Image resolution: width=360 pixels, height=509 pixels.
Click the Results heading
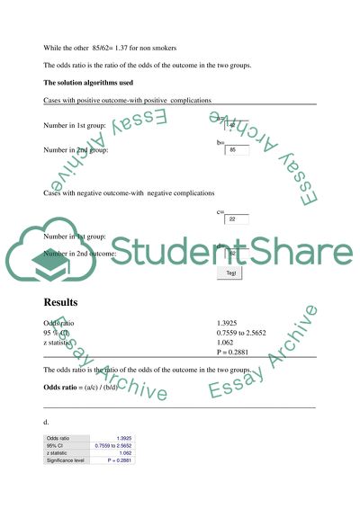tap(63, 300)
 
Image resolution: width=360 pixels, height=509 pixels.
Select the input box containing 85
tap(236, 150)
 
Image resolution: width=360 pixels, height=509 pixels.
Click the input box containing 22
tap(236, 219)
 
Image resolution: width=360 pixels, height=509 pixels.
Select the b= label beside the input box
tap(220, 143)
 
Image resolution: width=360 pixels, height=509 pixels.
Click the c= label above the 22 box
tap(220, 211)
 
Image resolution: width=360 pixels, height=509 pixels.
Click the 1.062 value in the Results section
tap(227, 343)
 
